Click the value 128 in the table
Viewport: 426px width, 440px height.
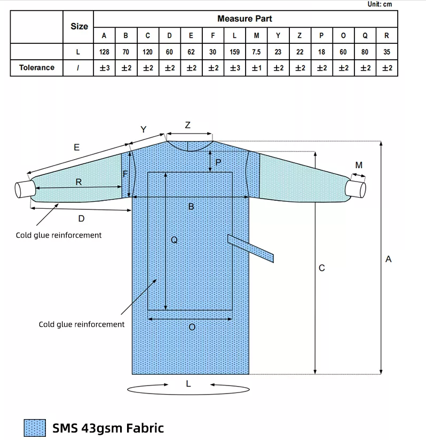click(104, 52)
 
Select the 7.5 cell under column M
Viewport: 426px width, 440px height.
click(256, 52)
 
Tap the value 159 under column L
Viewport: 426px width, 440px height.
click(234, 52)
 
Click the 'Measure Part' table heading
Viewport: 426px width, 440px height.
click(244, 19)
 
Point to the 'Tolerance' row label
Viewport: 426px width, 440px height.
click(37, 67)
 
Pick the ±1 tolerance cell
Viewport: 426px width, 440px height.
click(256, 68)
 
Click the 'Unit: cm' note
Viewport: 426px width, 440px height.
click(380, 4)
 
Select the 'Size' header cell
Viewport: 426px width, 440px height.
click(79, 26)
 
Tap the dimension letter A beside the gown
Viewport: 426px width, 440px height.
click(389, 259)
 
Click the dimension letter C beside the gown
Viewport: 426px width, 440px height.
click(321, 268)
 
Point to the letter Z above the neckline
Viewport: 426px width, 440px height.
click(187, 125)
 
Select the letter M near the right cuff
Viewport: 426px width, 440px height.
click(359, 166)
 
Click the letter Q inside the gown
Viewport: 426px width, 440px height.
click(174, 240)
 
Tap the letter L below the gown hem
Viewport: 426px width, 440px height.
click(188, 383)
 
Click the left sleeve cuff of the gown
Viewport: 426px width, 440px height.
click(24, 189)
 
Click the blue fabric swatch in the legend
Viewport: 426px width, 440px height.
click(35, 428)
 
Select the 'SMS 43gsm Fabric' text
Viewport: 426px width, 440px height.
click(108, 428)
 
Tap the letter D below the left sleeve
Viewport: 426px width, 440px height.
click(81, 218)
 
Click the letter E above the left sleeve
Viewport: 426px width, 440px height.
click(77, 147)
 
